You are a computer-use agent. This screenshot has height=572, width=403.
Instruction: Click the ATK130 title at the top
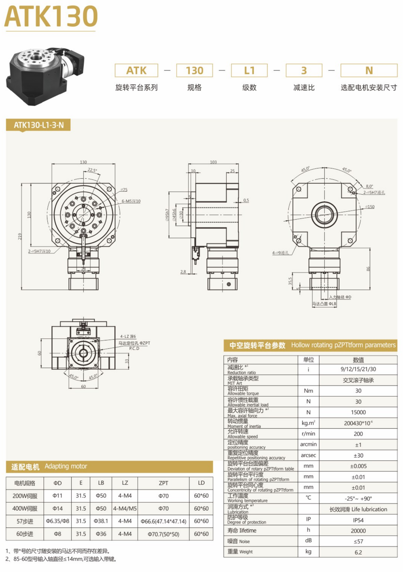pos(51,16)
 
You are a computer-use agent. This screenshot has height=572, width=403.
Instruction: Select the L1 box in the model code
pos(249,70)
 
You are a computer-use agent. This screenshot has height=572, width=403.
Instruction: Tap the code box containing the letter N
pos(369,70)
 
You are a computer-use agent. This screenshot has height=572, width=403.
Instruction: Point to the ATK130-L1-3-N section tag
pos(38,125)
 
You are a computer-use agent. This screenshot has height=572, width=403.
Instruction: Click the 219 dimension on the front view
pos(20,236)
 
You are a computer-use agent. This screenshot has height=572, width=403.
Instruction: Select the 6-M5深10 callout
pos(131,201)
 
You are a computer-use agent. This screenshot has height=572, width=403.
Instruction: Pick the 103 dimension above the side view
pos(213,162)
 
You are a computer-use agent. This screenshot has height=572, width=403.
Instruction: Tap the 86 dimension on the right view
pos(368,269)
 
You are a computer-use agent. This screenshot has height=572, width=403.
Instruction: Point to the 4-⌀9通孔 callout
pos(280,253)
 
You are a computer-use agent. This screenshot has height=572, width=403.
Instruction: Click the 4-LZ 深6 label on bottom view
pos(128,336)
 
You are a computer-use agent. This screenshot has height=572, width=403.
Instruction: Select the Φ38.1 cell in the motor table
pos(101,521)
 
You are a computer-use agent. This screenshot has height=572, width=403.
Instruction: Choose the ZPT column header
pos(163,483)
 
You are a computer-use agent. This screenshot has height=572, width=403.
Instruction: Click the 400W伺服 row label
pos(25,509)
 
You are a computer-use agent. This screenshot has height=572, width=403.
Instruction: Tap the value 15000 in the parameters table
pos(358,412)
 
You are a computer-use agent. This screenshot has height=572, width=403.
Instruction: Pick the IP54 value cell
pos(358,520)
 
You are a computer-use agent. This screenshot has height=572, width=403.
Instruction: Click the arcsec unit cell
pos(308,455)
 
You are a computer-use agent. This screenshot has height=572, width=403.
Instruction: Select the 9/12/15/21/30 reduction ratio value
pos(358,369)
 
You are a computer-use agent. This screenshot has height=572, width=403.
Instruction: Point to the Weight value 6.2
pos(358,552)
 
